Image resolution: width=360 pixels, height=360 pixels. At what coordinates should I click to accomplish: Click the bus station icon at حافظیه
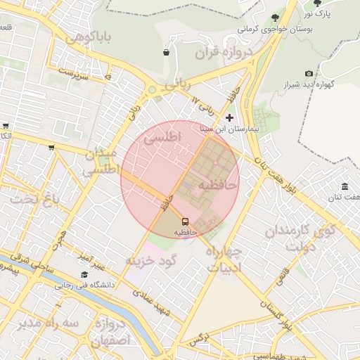coord(185,220)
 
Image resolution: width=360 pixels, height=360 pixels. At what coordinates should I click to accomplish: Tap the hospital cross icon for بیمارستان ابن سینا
coord(229,117)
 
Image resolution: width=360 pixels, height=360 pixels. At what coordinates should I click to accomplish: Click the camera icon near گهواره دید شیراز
coord(309,73)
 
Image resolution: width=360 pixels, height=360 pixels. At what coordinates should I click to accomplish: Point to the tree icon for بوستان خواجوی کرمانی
coord(274,18)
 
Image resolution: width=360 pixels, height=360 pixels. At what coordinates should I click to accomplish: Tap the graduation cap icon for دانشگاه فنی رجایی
coord(84,275)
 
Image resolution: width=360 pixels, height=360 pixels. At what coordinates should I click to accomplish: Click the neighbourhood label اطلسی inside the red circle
coord(162,136)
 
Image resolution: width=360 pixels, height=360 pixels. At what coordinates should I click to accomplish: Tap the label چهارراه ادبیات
coord(224,258)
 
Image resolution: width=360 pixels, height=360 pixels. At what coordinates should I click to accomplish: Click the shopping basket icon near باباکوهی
coord(166,52)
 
